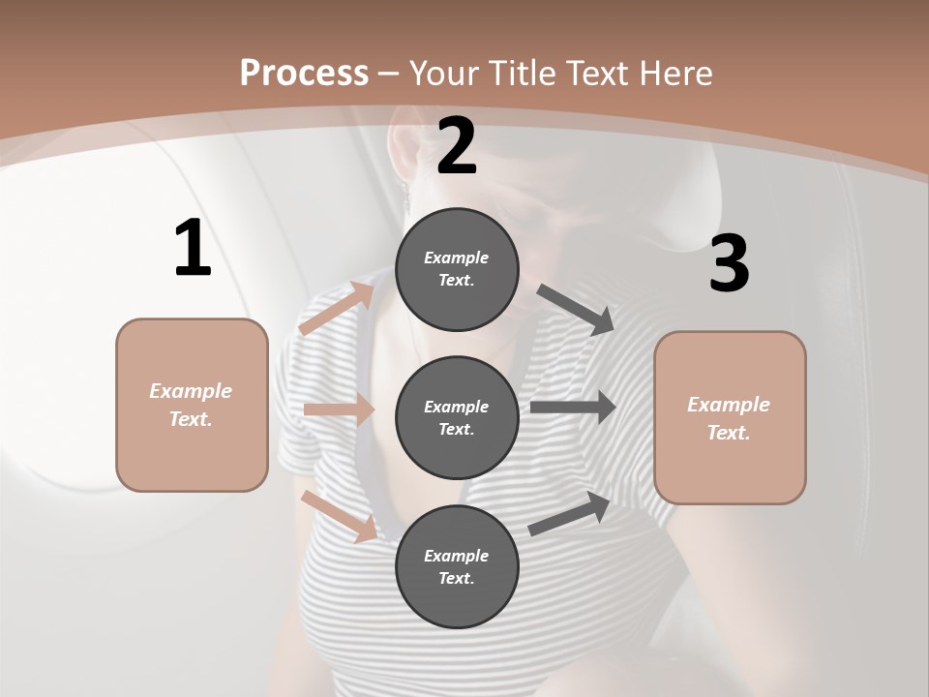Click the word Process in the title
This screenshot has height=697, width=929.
(x=304, y=73)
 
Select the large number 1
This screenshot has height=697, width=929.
(x=193, y=248)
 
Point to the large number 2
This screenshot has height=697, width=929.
(x=457, y=146)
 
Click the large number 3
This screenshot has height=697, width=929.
(x=729, y=263)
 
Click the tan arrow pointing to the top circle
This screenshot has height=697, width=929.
(x=337, y=309)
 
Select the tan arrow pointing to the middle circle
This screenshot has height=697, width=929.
(x=339, y=409)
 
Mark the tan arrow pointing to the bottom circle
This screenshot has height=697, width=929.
(x=339, y=515)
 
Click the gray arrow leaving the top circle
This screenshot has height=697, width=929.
(x=577, y=310)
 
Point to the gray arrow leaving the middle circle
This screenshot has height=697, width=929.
(x=573, y=407)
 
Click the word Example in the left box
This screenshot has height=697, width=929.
(x=191, y=391)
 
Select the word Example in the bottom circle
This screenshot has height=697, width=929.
(x=457, y=556)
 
